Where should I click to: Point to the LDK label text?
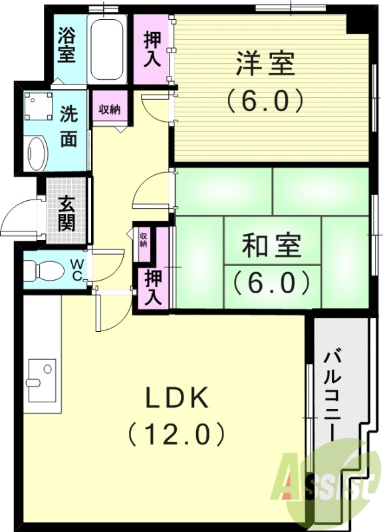pos(178,398)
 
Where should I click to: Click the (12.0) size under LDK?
pos(178,434)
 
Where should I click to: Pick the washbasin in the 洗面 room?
pos(36,153)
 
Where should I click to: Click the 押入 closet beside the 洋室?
pos(152,49)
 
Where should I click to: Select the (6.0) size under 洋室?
pos(265,101)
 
